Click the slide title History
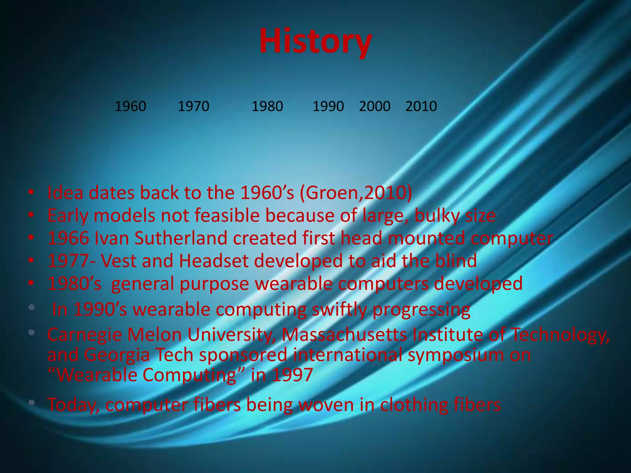coord(315,42)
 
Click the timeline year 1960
coord(130,107)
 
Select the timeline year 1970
coord(193,107)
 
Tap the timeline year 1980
coord(267,107)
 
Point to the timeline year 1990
coord(328,107)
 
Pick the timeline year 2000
coord(375,107)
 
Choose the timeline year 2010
coord(421,107)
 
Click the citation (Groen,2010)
coord(356,193)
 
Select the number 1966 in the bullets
coord(68,238)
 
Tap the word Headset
coord(214,261)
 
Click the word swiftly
coord(339,309)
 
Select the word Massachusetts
coord(344,335)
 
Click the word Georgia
coord(117,355)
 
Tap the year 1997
coord(292,375)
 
